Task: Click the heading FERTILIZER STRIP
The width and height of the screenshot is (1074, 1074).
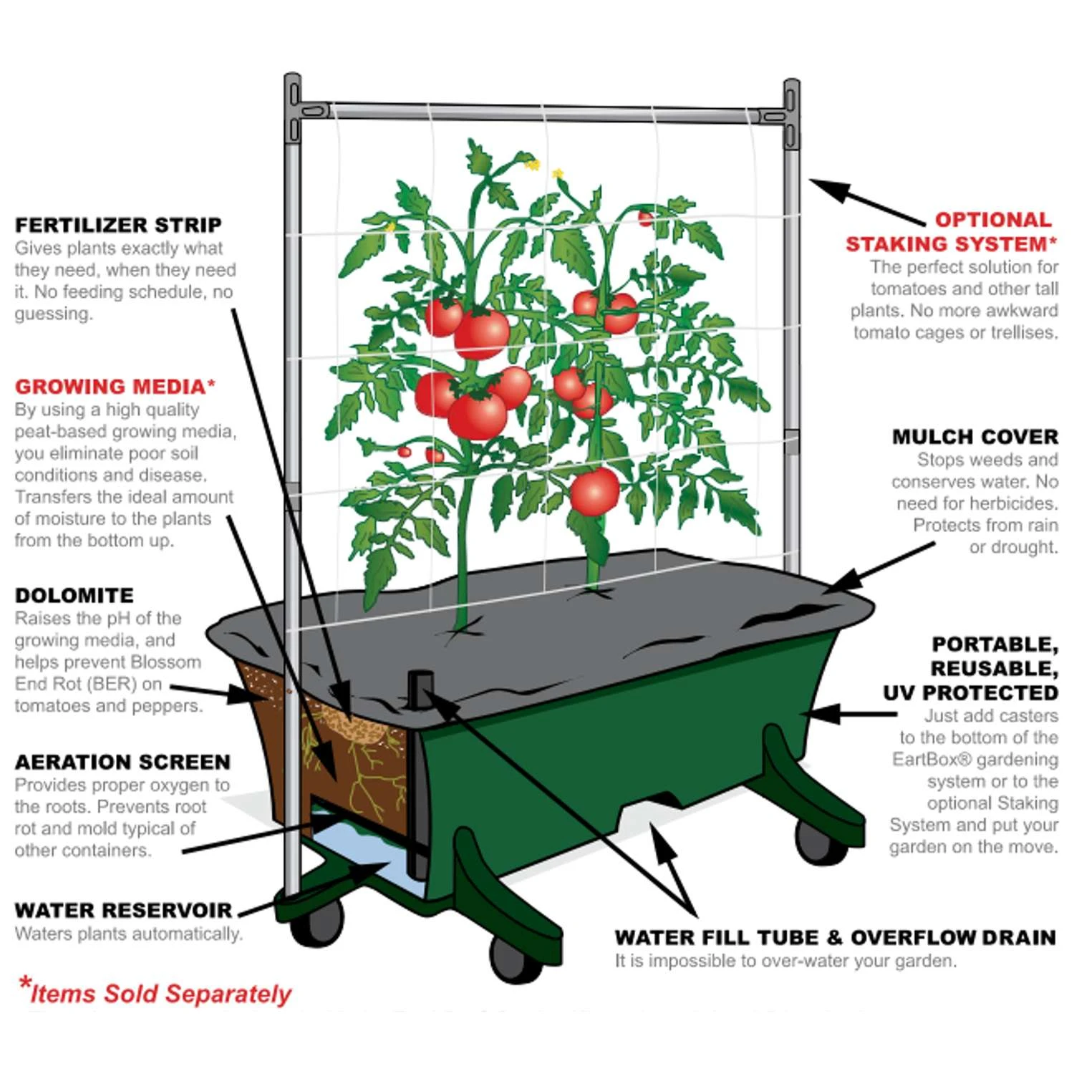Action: coord(118,225)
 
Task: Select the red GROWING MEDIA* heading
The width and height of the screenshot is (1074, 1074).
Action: coord(115,387)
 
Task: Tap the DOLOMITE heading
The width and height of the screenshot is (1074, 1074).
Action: coord(74,596)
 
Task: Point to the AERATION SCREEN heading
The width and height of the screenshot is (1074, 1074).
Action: coord(122,762)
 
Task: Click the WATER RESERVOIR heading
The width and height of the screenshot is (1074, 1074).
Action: coord(123,911)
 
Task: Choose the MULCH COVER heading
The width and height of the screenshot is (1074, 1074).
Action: coord(974,437)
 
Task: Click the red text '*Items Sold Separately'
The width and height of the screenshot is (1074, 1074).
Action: coord(155,992)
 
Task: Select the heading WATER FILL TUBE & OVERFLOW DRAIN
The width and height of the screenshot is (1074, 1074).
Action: coord(835,938)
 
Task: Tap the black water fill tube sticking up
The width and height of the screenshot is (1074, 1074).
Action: coord(420,773)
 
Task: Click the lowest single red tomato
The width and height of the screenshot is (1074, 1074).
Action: coord(594,491)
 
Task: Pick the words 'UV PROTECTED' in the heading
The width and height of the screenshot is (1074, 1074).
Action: coord(971,693)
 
